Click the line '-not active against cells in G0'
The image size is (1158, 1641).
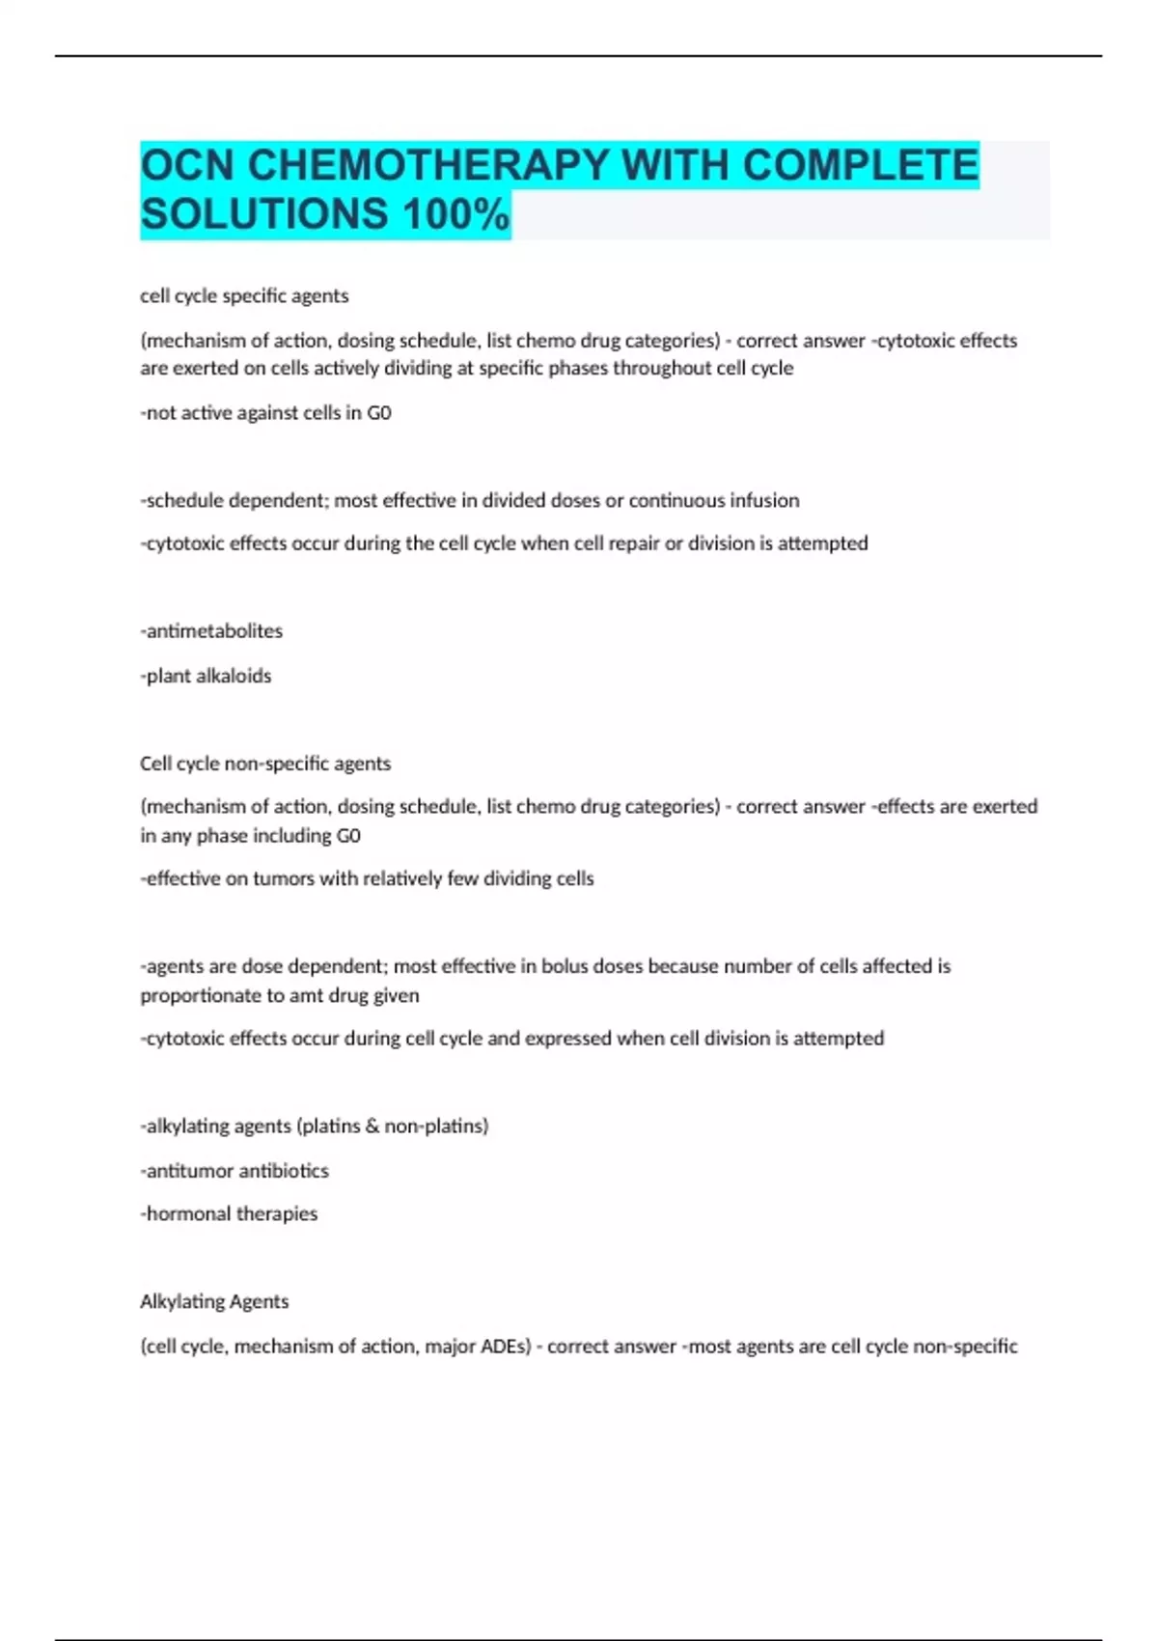coord(265,413)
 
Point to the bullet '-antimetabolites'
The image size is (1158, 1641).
coord(211,631)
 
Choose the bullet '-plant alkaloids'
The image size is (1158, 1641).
coord(206,676)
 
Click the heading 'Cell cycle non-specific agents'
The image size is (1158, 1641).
coord(265,764)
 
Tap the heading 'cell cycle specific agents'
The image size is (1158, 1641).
coord(244,296)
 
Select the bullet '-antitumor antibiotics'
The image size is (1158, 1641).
coord(234,1171)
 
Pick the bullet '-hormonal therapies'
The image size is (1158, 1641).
coord(229,1214)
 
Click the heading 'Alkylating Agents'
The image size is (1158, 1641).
coord(214,1301)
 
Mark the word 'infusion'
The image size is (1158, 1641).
coord(761,501)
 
